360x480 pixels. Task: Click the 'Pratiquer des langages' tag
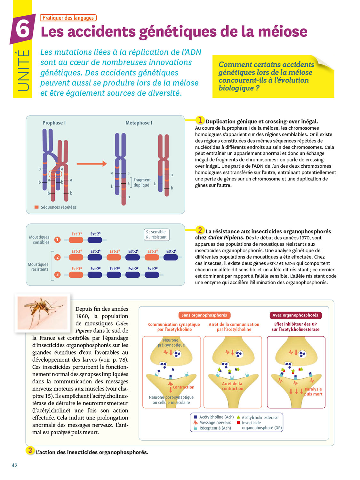[68, 18]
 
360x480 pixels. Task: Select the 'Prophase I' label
[54, 123]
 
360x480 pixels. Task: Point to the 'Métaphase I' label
[139, 123]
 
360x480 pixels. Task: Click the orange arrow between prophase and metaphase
[92, 164]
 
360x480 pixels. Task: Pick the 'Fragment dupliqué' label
[142, 182]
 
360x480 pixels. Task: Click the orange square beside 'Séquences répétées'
[36, 207]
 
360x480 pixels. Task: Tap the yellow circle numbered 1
[200, 120]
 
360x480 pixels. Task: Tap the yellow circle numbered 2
[200, 230]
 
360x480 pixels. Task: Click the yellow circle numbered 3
[30, 451]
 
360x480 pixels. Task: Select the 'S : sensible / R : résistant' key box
[156, 235]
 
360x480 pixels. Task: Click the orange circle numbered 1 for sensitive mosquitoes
[58, 240]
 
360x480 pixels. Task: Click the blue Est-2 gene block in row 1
[95, 240]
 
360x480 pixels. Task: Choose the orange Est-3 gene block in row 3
[76, 275]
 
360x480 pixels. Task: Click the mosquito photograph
[42, 313]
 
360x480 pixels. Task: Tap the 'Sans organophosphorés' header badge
[204, 315]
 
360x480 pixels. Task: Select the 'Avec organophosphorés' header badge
[295, 315]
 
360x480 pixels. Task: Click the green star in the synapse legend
[238, 418]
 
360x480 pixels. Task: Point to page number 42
[14, 466]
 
